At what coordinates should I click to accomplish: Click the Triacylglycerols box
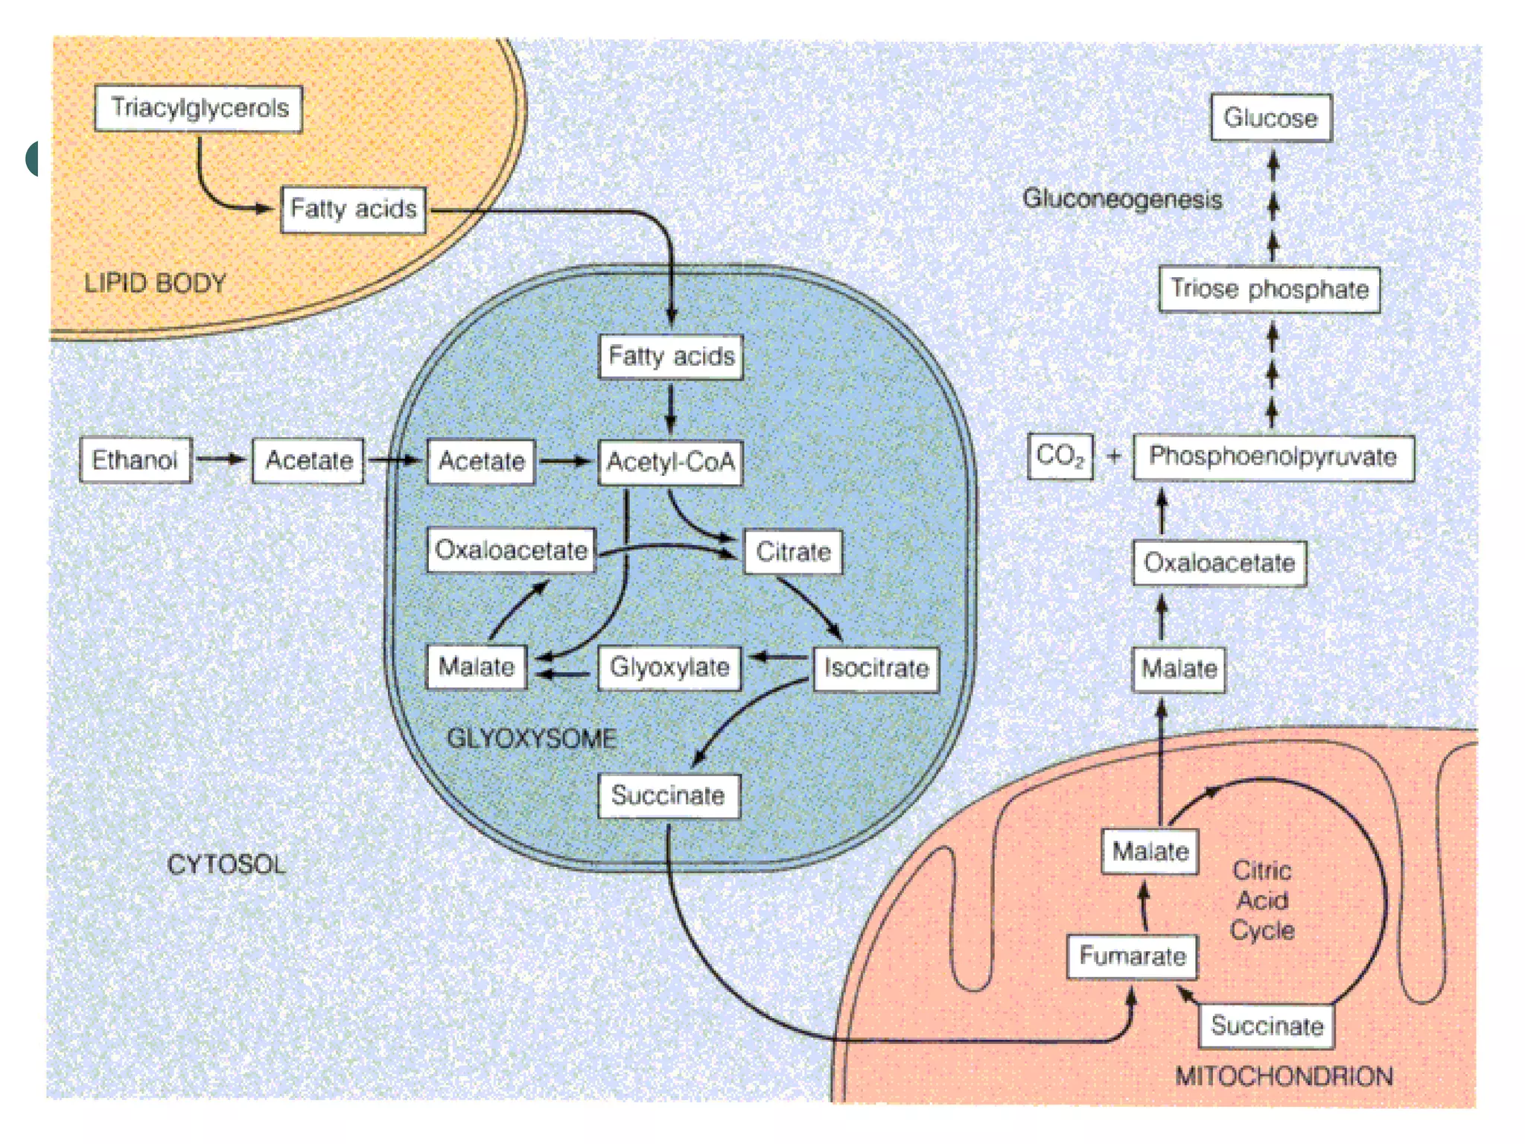199,109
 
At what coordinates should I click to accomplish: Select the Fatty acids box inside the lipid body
354,209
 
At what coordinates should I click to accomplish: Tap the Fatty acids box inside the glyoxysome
671,357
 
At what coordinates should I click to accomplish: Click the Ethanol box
136,460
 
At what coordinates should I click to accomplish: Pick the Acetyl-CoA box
671,463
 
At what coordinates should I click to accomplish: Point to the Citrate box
793,552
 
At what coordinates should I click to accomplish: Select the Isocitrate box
876,668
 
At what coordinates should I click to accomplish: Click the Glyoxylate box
669,667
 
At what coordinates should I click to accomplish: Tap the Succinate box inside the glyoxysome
669,795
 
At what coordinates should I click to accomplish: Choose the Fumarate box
1133,956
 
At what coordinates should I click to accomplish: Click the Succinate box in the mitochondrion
1267,1026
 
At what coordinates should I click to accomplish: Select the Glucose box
1270,118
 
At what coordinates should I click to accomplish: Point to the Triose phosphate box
1269,289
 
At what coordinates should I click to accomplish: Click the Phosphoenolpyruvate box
1273,457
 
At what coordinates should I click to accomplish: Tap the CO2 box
1060,456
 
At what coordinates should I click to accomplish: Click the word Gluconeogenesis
1122,199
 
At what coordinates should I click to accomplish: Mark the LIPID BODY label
155,283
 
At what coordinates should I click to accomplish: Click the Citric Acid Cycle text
1262,900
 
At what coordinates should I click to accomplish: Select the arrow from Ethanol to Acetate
221,460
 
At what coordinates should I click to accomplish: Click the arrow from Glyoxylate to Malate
563,675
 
